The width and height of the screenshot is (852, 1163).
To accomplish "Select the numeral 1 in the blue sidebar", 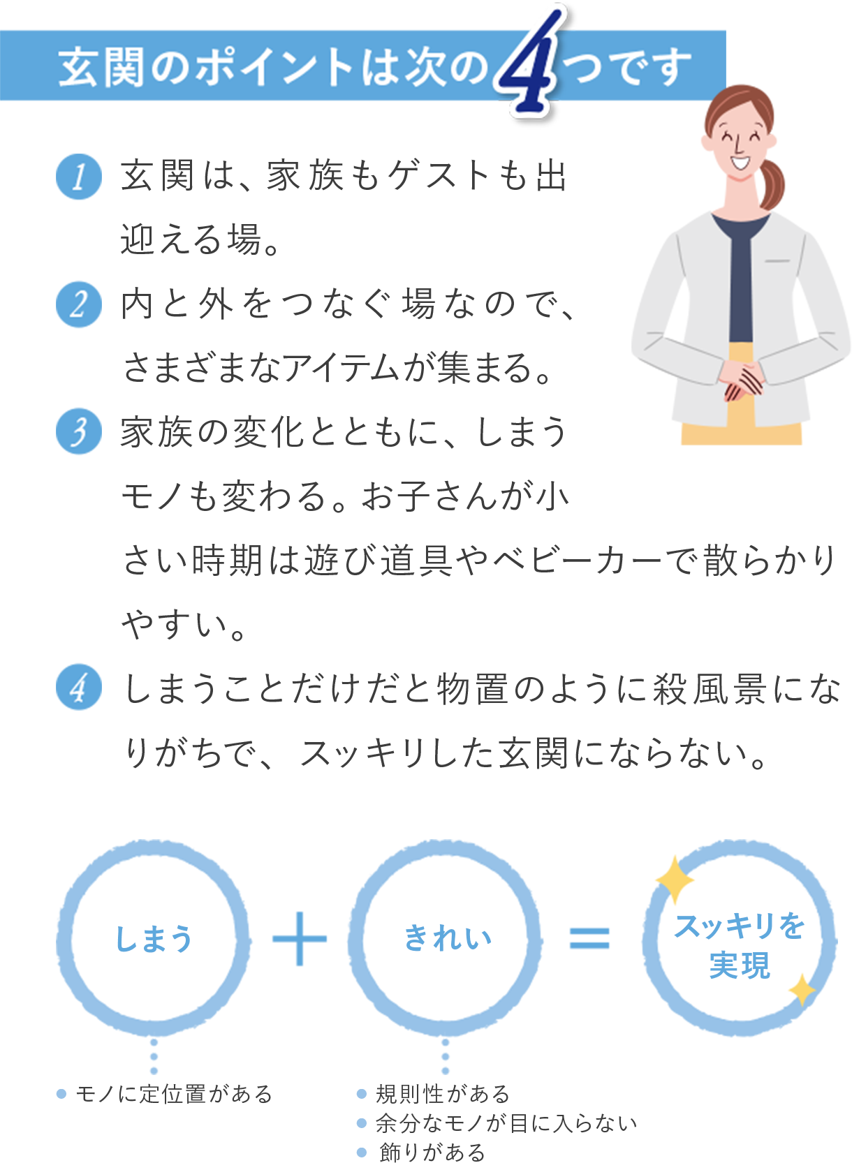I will pyautogui.click(x=79, y=177).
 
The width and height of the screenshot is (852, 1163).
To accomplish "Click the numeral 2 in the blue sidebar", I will pyautogui.click(x=79, y=305).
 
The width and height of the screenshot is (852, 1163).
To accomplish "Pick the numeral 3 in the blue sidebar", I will pyautogui.click(x=79, y=433).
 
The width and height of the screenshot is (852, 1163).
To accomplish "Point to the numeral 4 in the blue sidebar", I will pyautogui.click(x=79, y=688).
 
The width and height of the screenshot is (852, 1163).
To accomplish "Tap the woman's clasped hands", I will pyautogui.click(x=742, y=380).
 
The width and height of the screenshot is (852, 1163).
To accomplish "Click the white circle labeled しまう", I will pyautogui.click(x=154, y=938).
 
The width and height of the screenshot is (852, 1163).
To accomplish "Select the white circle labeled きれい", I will pyautogui.click(x=446, y=938).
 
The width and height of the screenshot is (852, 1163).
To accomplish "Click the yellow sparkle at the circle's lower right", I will pyautogui.click(x=802, y=990).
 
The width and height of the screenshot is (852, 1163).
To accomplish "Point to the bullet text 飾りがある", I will pyautogui.click(x=432, y=1152).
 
